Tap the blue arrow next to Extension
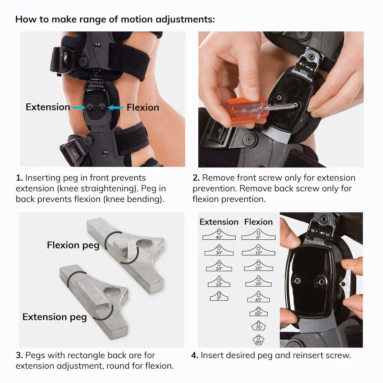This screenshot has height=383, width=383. (x=78, y=108)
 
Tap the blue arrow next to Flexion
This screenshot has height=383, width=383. (x=115, y=108)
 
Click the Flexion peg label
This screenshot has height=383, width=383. (x=73, y=245)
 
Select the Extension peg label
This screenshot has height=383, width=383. (x=54, y=317)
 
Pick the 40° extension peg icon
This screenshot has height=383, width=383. (x=219, y=234)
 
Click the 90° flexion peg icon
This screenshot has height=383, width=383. (x=259, y=340)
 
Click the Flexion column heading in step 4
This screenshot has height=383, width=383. (x=259, y=222)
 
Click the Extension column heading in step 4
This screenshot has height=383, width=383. (x=219, y=222)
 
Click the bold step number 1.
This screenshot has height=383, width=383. (x=19, y=178)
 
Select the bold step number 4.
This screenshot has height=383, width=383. (x=194, y=355)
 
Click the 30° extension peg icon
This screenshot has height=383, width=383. (x=219, y=250)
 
